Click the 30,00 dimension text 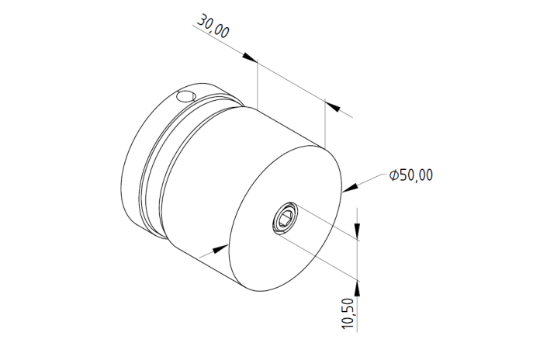pyautogui.click(x=213, y=26)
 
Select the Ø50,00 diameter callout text pyautogui.click(x=411, y=175)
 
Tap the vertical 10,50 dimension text pyautogui.click(x=348, y=313)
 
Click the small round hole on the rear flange pyautogui.click(x=185, y=96)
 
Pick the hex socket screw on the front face pyautogui.click(x=285, y=219)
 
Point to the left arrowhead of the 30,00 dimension pyautogui.click(x=249, y=57)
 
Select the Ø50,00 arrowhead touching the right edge pyautogui.click(x=350, y=188)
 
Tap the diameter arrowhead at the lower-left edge pyautogui.click(x=220, y=249)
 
